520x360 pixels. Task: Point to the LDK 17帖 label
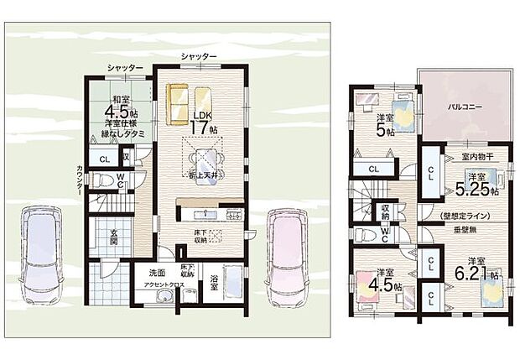coord(202,123)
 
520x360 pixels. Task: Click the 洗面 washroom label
coord(157,274)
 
